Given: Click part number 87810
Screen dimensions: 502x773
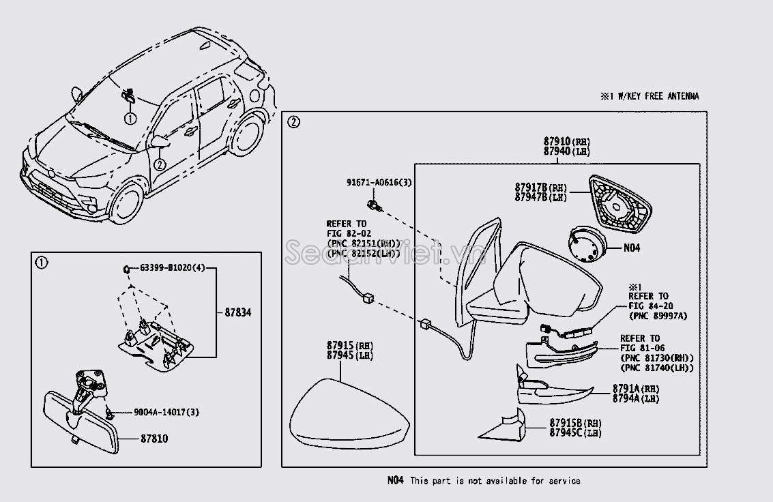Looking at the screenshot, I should click(x=154, y=439).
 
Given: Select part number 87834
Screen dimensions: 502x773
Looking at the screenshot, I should click(x=239, y=312).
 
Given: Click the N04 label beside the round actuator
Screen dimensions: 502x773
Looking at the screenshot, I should click(x=632, y=248).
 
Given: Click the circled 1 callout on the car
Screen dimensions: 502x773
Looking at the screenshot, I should click(x=130, y=118).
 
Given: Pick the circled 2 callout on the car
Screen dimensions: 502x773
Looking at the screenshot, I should click(x=159, y=164).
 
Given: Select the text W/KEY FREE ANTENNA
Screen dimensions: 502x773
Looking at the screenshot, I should click(x=658, y=97).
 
